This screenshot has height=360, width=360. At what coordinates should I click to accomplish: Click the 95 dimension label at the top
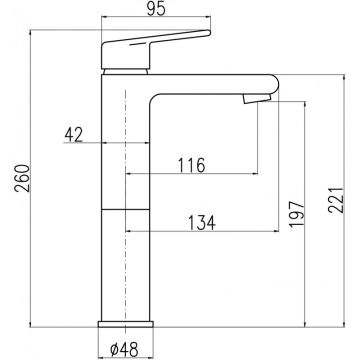(156, 10)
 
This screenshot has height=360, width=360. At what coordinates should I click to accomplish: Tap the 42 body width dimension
(74, 135)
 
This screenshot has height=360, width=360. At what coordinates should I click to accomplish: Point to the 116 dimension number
(191, 165)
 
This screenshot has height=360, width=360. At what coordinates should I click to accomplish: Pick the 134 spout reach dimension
(202, 223)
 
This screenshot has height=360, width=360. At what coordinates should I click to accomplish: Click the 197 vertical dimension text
(297, 214)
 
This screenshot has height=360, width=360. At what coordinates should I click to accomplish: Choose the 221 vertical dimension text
(335, 199)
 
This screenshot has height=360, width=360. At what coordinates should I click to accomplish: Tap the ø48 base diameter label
(124, 349)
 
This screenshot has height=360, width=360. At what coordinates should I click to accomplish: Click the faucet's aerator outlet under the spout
(256, 99)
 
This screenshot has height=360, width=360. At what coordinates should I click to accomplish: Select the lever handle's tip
(208, 32)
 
